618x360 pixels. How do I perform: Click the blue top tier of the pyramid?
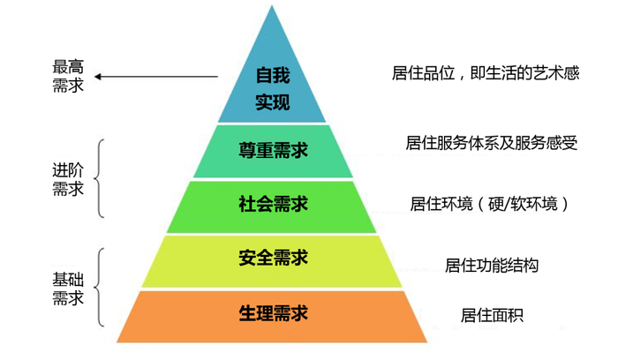pos(272,53)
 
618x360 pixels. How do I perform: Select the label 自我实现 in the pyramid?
pos(273,90)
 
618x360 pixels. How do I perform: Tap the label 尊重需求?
pos(273,150)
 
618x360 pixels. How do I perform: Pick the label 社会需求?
pos(273,205)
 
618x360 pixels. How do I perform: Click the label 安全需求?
pos(273,259)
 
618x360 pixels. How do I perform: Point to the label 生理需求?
pos(273,314)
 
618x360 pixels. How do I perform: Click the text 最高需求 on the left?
pos(68,76)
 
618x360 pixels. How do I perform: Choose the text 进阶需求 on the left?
pos(68,178)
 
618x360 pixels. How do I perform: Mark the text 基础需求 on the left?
pos(68,288)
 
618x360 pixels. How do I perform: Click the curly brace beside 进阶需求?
pos(101,177)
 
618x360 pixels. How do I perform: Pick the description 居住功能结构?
pos(491,265)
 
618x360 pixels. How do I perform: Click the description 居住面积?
pos(491,314)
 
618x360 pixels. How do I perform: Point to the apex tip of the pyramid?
pos(272,7)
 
